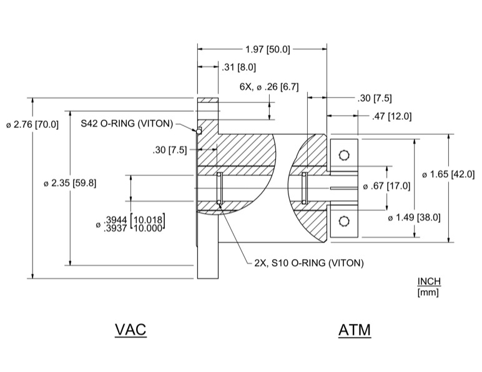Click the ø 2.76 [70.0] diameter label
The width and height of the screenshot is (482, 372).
point(32,124)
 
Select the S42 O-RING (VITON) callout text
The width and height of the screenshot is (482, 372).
point(126,123)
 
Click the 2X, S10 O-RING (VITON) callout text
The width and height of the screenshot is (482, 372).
point(308,263)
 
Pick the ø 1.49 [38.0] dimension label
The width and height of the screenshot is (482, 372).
point(414,217)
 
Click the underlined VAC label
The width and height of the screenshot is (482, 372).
point(130,329)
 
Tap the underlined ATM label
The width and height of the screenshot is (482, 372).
point(355,330)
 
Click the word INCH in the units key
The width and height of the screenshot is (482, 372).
point(429,281)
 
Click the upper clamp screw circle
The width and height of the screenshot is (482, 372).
point(343,155)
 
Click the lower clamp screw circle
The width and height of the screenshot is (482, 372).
point(343,220)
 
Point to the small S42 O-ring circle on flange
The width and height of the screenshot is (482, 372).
point(199,131)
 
